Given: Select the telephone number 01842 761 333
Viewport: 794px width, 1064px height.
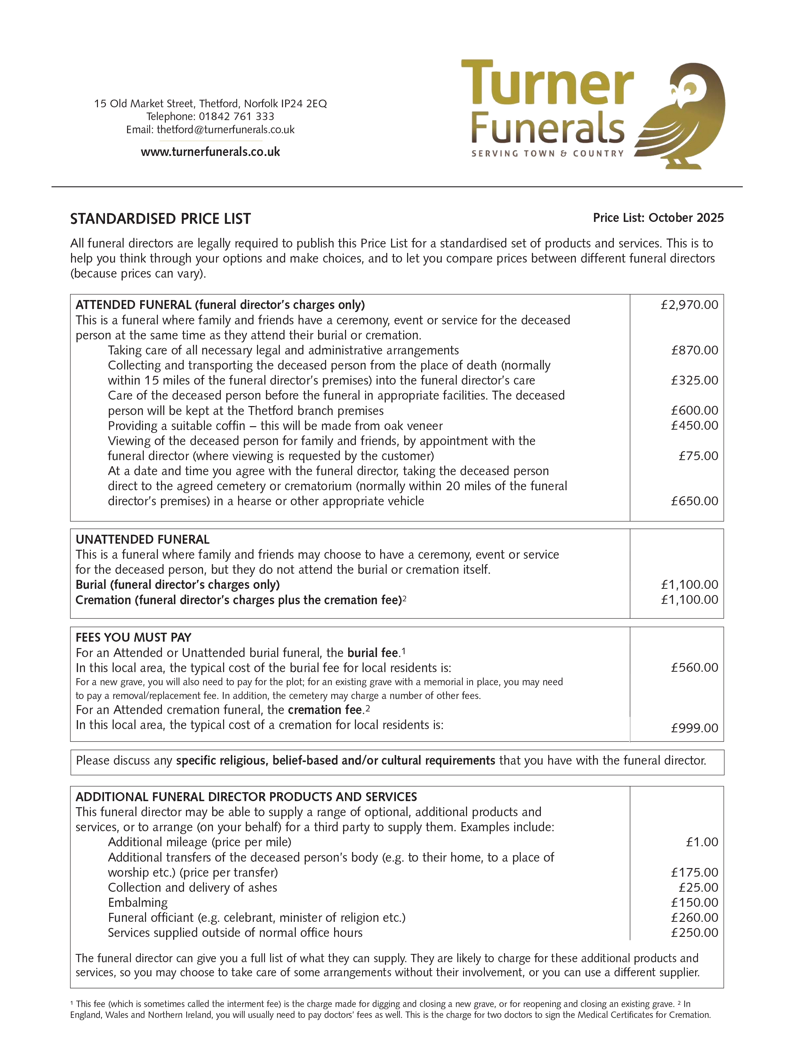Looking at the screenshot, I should click(x=237, y=116).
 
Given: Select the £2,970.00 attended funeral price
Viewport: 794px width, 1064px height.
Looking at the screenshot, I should click(x=689, y=305).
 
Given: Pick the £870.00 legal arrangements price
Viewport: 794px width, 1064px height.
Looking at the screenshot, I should click(x=694, y=350).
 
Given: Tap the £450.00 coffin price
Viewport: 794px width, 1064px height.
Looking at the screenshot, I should click(x=694, y=426).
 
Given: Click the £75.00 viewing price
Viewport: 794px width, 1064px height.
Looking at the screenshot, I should click(x=698, y=456).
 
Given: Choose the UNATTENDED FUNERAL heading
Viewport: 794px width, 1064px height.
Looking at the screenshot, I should click(x=142, y=540).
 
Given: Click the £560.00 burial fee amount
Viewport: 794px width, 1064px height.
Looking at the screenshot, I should click(x=694, y=667).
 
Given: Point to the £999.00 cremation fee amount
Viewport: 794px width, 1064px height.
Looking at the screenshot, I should click(x=694, y=728).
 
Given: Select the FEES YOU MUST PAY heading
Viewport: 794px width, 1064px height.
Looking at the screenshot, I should click(x=133, y=638).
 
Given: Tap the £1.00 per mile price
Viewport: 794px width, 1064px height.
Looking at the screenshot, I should click(x=702, y=842).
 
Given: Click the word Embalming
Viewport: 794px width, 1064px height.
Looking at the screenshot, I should click(x=138, y=902).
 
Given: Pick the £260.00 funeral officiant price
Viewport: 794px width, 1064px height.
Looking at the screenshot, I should click(x=694, y=917).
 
